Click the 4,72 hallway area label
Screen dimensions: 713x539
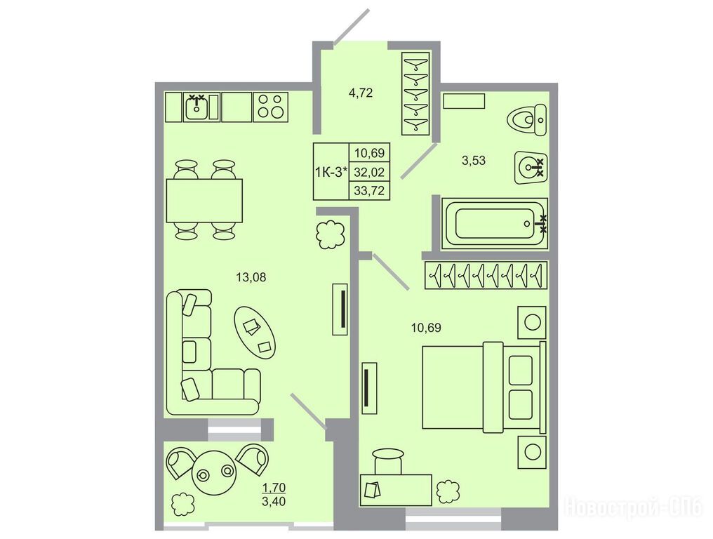tap(361, 93)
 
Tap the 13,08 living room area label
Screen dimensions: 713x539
tap(251, 277)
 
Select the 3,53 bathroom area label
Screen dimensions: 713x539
tap(474, 161)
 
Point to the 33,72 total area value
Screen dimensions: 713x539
tap(369, 191)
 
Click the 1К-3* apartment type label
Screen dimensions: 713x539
tap(331, 172)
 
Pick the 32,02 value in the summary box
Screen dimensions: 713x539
tap(369, 172)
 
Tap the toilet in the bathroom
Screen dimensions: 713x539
tap(527, 120)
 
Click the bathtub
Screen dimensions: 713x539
tap(495, 223)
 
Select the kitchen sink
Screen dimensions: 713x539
tap(197, 107)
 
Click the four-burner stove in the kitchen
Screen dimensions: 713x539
tap(271, 107)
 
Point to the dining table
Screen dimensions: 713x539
tap(204, 201)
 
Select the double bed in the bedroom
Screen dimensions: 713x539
tap(484, 387)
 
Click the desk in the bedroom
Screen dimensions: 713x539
tap(396, 490)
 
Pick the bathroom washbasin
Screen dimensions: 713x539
tap(531, 167)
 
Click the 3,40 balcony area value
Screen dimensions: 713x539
tap(274, 503)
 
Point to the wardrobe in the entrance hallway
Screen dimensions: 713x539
tap(415, 93)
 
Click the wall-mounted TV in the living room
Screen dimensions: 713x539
tap(340, 310)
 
